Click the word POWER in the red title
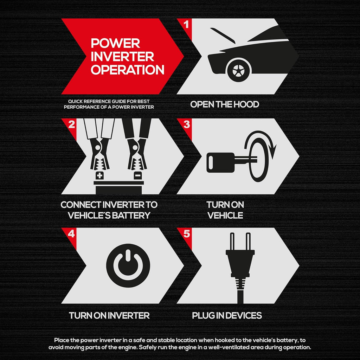[115, 43]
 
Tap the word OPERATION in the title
[128, 70]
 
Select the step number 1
[186, 24]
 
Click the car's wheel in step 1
[238, 70]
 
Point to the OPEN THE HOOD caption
[225, 104]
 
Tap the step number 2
[72, 124]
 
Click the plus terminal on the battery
[99, 176]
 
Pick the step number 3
[187, 124]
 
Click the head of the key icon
[220, 163]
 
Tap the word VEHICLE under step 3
[225, 216]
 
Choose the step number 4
[71, 234]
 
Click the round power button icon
[128, 266]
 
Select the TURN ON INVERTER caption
[109, 315]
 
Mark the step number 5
[187, 234]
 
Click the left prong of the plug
[232, 242]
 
